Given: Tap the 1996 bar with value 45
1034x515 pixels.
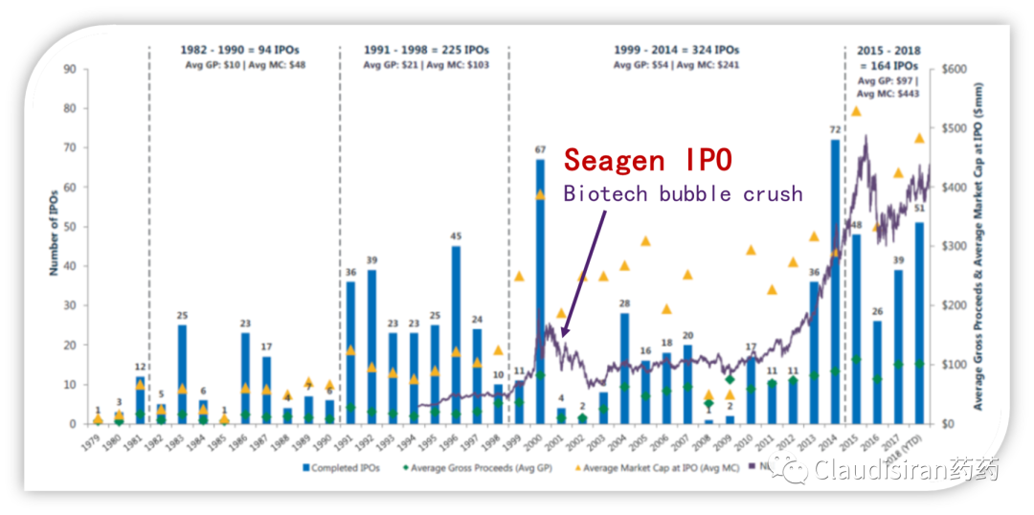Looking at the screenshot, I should pos(456,335).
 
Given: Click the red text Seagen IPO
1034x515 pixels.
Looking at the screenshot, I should pos(648,159).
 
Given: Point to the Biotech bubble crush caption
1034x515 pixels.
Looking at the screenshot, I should pos(683,193).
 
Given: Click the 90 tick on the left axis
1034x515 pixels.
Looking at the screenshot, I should pos(70,69).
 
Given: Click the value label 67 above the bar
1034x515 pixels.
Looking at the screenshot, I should pos(540,150).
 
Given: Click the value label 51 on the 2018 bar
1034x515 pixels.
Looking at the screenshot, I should pos(919,209).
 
